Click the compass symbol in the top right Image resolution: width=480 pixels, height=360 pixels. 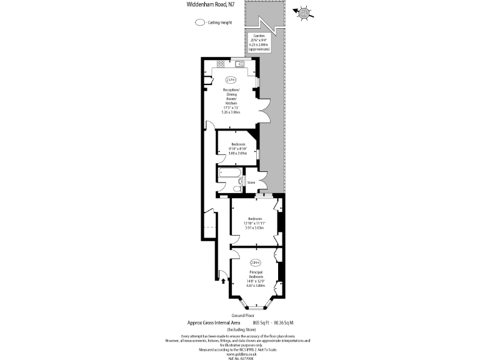tap(305, 12)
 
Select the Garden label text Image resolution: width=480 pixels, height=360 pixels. tap(259, 36)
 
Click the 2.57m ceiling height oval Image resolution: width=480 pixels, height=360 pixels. tap(230, 79)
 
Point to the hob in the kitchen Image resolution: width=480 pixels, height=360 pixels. tap(221, 64)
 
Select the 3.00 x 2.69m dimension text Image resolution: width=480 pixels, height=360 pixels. tap(238, 153)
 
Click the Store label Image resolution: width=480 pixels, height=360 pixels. tap(251, 182)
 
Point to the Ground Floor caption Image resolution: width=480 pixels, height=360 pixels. tap(243, 316)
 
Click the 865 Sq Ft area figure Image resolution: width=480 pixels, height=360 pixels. tap(259, 322)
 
